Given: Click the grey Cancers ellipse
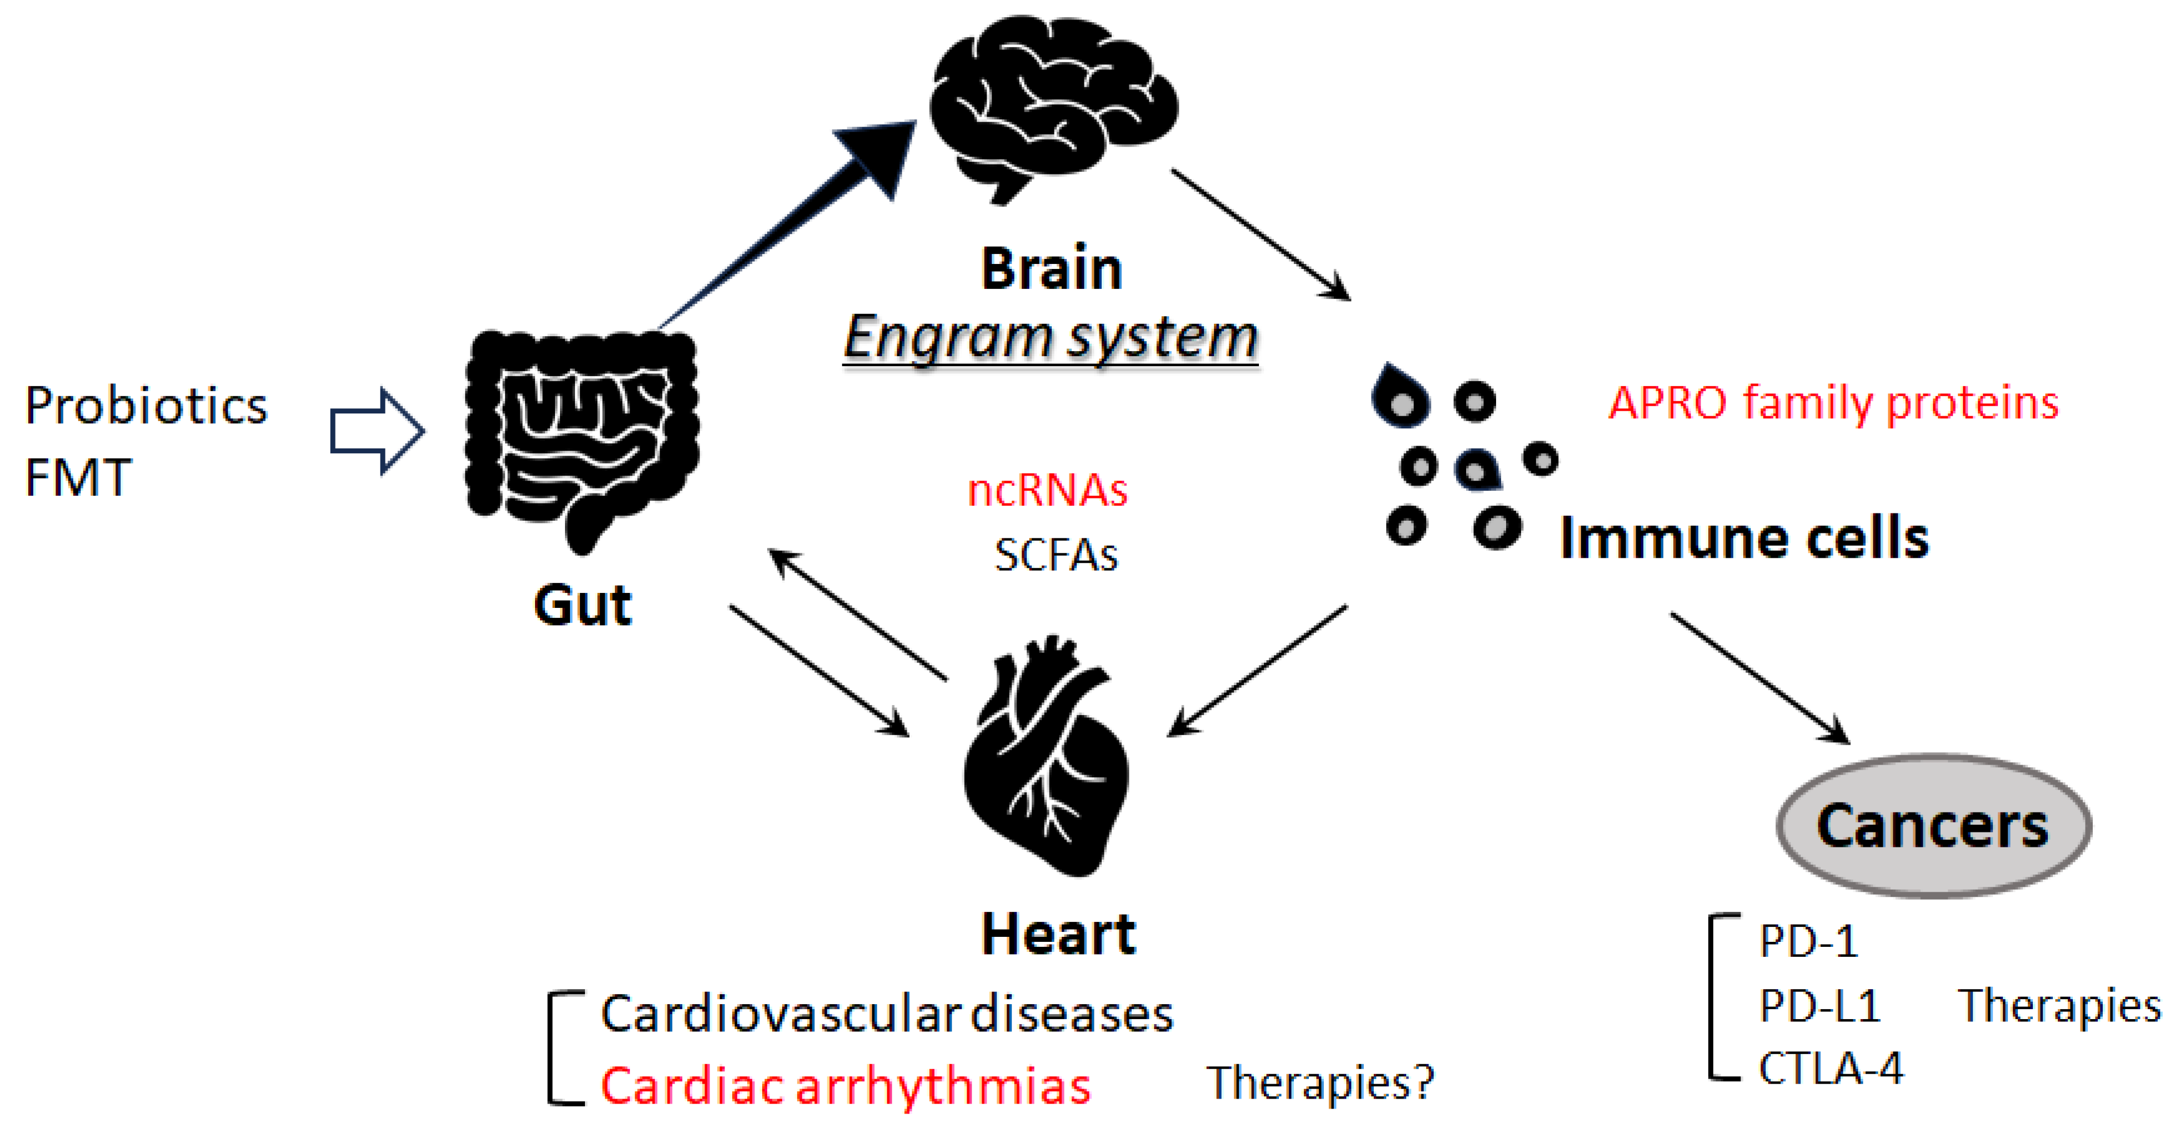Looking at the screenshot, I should pyautogui.click(x=1933, y=825).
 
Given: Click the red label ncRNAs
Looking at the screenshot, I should pyautogui.click(x=1047, y=490).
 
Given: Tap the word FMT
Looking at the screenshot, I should pyautogui.click(x=78, y=477).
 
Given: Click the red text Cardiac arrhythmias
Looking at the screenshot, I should pyautogui.click(x=845, y=1085).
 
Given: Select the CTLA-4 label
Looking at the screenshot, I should pyautogui.click(x=1831, y=1068).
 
